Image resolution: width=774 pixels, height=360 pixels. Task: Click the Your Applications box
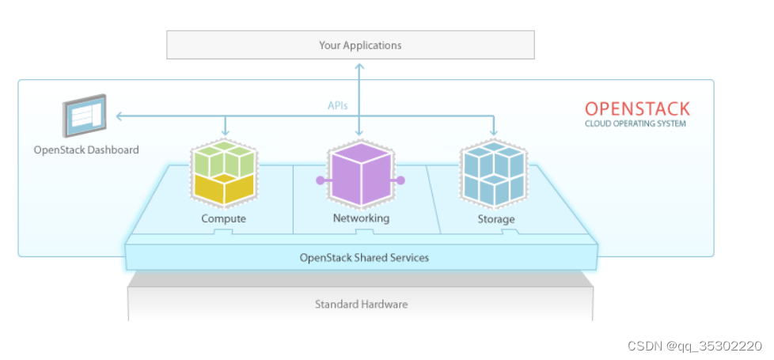click(x=351, y=45)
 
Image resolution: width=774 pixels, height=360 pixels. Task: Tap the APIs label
click(x=338, y=105)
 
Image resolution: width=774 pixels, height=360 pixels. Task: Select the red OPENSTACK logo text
click(x=637, y=108)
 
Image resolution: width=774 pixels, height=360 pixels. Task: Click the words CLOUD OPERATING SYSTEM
click(x=636, y=124)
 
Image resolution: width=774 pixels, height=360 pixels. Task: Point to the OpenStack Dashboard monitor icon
click(x=85, y=116)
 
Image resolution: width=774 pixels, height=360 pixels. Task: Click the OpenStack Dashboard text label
click(x=86, y=150)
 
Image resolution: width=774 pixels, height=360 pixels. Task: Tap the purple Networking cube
click(x=361, y=173)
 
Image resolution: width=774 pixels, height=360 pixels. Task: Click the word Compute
click(x=224, y=218)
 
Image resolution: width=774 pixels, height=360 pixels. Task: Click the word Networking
click(x=361, y=218)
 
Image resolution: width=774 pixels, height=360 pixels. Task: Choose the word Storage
click(x=496, y=218)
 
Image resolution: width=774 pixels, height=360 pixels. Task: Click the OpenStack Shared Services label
click(x=364, y=257)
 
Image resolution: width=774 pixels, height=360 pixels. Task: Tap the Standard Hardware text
click(x=362, y=304)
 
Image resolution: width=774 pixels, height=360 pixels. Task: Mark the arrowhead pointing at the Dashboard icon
click(x=119, y=116)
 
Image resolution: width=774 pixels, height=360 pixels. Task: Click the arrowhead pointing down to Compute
click(x=225, y=132)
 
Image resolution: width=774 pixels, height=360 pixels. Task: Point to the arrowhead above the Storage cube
click(x=494, y=132)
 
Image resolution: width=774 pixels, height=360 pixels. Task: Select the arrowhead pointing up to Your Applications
click(x=359, y=66)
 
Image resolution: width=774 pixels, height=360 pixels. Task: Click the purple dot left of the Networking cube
click(x=321, y=180)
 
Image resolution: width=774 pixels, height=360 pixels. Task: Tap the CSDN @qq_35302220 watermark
click(x=695, y=347)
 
